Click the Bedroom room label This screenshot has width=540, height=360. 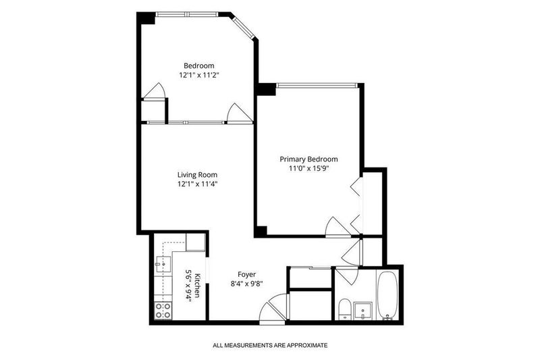click(x=198, y=66)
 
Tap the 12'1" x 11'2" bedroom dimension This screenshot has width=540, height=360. click(x=199, y=75)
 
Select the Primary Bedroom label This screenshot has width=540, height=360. click(x=308, y=159)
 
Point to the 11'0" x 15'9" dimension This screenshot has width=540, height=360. click(x=309, y=168)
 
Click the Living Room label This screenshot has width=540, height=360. click(x=197, y=175)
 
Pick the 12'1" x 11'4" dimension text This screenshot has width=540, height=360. click(x=197, y=184)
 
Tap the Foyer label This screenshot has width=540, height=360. click(x=247, y=275)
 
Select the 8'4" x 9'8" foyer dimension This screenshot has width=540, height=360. click(x=247, y=284)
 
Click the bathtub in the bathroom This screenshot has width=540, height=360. click(x=387, y=296)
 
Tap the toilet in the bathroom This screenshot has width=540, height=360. click(x=344, y=309)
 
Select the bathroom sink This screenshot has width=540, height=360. click(x=363, y=311)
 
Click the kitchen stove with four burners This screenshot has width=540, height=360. click(x=163, y=310)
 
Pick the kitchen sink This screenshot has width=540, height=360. click(x=163, y=264)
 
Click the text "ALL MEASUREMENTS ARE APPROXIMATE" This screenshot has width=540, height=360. click(x=271, y=345)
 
